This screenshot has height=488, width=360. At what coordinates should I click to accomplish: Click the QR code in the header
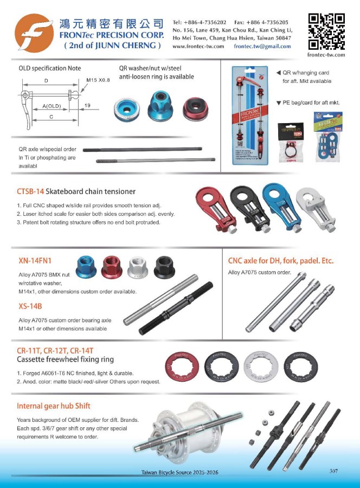tap(326, 31)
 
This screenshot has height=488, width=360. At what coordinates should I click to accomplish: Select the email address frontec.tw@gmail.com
tap(262, 47)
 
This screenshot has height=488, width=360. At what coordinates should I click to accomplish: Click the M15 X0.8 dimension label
tap(98, 80)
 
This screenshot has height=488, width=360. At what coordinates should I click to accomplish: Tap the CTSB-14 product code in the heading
tap(30, 191)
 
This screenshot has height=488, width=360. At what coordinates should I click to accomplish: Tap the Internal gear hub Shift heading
tap(54, 406)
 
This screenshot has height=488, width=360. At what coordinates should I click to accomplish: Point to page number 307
tap(333, 471)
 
